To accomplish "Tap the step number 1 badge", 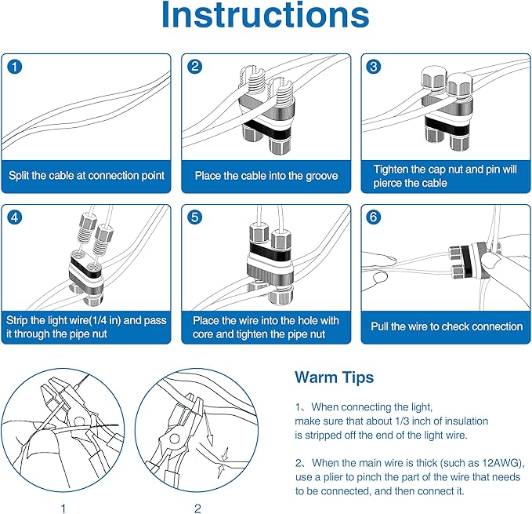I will tap(15, 67).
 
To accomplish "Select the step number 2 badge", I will tap(195, 67).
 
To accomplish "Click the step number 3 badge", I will tap(375, 67).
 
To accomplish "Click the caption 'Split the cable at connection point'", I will tap(86, 176).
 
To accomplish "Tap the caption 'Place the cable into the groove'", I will tap(266, 176).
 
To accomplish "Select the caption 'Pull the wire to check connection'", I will tap(446, 326).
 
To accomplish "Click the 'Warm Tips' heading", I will tap(334, 377).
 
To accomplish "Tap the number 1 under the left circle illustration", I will tap(63, 508).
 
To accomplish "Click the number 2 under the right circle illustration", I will tap(197, 508).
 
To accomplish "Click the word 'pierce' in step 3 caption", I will tap(389, 183).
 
